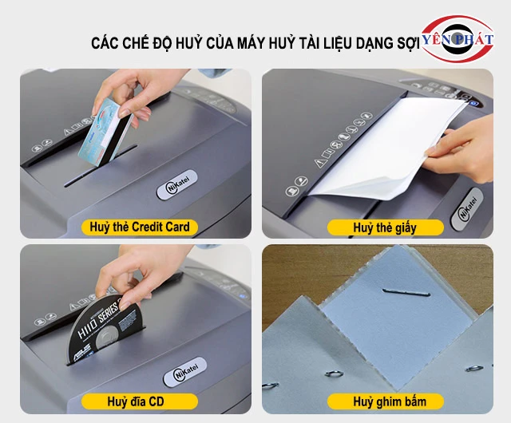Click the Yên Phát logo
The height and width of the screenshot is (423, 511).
pos(458,39)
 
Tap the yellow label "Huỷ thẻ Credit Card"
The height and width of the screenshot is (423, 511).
pos(140,227)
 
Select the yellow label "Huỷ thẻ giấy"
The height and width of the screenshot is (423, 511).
pos(385,227)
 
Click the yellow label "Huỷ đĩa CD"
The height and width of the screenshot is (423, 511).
pos(140,401)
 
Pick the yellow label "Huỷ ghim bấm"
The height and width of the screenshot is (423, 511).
pos(385,401)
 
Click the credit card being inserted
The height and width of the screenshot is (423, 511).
pos(104,132)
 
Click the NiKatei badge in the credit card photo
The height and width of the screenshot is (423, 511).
pos(177,184)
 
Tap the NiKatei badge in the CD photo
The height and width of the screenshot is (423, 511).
pos(185,372)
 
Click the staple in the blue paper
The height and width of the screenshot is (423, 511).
pos(406,293)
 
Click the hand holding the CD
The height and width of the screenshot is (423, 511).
pos(137,277)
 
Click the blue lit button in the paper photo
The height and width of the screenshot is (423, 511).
pos(474,103)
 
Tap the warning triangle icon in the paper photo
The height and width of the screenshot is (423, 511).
pos(319,162)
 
